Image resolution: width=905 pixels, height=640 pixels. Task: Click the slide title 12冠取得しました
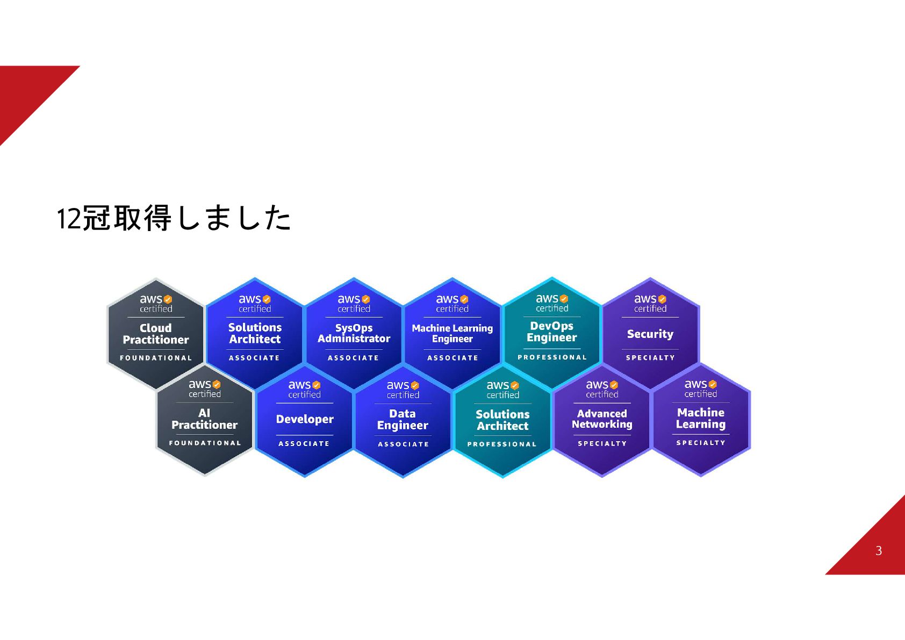pyautogui.click(x=174, y=218)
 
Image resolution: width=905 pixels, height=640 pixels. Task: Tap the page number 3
pyautogui.click(x=878, y=551)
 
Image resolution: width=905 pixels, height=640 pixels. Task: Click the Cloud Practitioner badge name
pyautogui.click(x=156, y=334)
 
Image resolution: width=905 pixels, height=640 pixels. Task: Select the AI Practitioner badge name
pyautogui.click(x=204, y=419)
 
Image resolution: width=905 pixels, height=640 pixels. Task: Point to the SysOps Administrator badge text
pyautogui.click(x=354, y=333)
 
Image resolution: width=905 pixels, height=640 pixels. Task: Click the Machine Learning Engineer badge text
pyautogui.click(x=452, y=333)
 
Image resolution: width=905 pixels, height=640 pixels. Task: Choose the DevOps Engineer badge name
pyautogui.click(x=552, y=332)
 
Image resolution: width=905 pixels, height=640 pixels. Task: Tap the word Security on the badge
pyautogui.click(x=650, y=334)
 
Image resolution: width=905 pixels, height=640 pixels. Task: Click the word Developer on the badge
pyautogui.click(x=305, y=419)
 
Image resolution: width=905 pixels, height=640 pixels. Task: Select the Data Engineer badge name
pyautogui.click(x=403, y=420)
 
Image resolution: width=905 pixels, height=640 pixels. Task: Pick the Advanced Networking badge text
pyautogui.click(x=602, y=419)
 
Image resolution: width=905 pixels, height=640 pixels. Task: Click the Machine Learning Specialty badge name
pyautogui.click(x=701, y=418)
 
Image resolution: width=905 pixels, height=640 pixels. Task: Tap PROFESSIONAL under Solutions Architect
pyautogui.click(x=502, y=444)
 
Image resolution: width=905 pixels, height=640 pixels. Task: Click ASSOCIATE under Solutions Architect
pyautogui.click(x=254, y=358)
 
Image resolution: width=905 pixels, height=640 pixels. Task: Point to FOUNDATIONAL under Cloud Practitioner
pyautogui.click(x=156, y=358)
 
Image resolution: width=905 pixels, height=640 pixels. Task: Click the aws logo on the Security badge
pyautogui.click(x=645, y=299)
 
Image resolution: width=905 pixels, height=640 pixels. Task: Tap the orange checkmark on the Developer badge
pyautogui.click(x=317, y=385)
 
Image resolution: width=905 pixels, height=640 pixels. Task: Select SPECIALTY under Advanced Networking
pyautogui.click(x=602, y=443)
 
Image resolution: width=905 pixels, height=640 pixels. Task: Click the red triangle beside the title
pyautogui.click(x=27, y=91)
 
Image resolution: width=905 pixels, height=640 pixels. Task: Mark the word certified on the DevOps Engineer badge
pyautogui.click(x=552, y=308)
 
